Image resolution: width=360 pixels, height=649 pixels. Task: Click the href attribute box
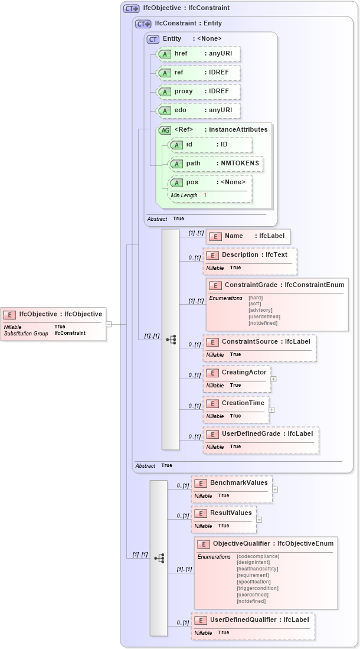click(x=198, y=54)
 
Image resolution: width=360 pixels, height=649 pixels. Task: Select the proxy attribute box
click(x=198, y=92)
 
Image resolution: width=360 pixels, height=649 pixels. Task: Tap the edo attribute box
click(x=198, y=111)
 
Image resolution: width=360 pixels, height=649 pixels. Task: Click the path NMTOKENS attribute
click(x=215, y=164)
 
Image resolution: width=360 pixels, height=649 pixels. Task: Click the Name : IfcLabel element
click(x=248, y=236)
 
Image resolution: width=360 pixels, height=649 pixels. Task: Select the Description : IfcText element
click(x=250, y=260)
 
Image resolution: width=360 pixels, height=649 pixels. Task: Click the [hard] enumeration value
click(x=256, y=297)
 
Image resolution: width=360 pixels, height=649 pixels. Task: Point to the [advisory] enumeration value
click(x=260, y=310)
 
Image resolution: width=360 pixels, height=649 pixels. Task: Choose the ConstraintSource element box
click(x=259, y=348)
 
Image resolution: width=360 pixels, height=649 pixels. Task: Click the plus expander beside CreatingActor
click(x=273, y=379)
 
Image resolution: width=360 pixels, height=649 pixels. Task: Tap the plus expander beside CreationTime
click(x=271, y=409)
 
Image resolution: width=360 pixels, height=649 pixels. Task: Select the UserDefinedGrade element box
click(x=261, y=440)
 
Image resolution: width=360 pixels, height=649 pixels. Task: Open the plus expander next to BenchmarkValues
click(x=275, y=490)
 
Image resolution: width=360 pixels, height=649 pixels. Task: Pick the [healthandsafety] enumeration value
click(x=257, y=569)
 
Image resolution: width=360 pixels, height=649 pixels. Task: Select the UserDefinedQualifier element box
click(x=253, y=625)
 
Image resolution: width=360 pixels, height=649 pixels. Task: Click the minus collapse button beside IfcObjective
click(x=109, y=324)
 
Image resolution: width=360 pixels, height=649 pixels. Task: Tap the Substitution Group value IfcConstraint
click(x=70, y=333)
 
